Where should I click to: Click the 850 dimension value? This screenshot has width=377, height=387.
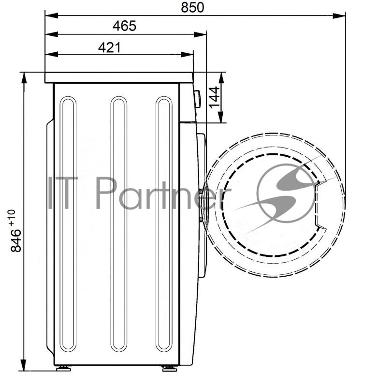pos(192,7)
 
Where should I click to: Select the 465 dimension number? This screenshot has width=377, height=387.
pos(125,26)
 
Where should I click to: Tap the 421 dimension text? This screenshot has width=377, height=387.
pos(110,47)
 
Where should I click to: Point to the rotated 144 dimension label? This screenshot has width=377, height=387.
pos(215,97)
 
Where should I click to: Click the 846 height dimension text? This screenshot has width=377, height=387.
pos(16,240)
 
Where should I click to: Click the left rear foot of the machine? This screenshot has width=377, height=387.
pos(63,369)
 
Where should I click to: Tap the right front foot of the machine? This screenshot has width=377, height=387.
pos(170,369)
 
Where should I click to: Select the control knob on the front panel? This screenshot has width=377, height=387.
pos(197,99)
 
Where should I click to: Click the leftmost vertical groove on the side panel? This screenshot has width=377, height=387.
pos(68,224)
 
